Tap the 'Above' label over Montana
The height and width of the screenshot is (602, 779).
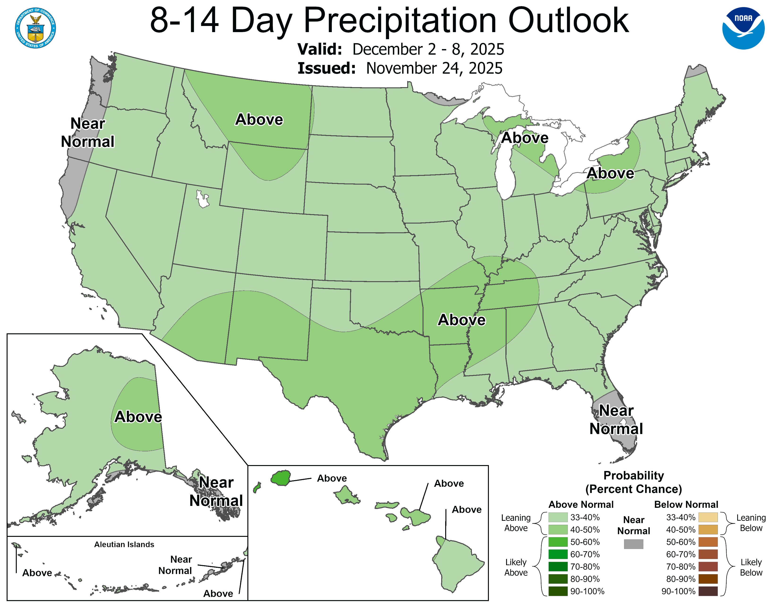click(x=259, y=119)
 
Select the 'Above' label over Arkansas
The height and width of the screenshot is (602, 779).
click(x=461, y=320)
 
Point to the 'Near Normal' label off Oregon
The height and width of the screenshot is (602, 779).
click(x=88, y=132)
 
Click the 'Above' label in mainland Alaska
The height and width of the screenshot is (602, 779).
click(x=138, y=416)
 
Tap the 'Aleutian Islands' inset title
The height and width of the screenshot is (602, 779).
click(x=124, y=544)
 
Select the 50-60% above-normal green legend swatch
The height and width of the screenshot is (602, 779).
click(x=558, y=542)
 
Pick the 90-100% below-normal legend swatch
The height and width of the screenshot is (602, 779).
click(x=708, y=591)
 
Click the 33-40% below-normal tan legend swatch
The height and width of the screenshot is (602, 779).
click(x=708, y=517)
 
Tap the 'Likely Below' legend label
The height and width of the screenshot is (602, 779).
click(x=751, y=567)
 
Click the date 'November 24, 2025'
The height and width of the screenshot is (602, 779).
click(x=434, y=68)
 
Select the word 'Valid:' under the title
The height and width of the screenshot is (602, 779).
click(x=320, y=49)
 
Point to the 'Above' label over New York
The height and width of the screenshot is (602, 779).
click(x=610, y=173)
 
